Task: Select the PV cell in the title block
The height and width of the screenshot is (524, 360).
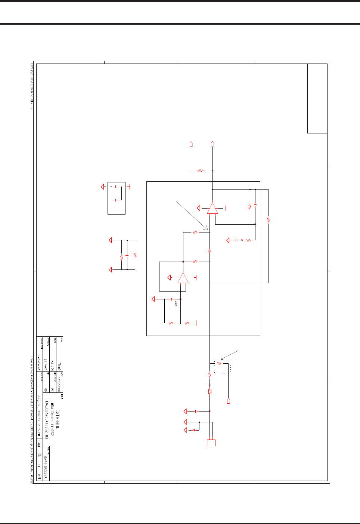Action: tap(52, 389)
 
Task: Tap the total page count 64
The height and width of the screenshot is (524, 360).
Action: tap(39, 476)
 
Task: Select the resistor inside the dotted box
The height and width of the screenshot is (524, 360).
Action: tap(219, 363)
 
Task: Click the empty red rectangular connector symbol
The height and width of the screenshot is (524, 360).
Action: tap(211, 443)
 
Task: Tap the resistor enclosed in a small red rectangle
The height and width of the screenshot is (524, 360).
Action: tap(210, 391)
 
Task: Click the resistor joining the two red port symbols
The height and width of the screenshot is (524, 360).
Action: tap(201, 171)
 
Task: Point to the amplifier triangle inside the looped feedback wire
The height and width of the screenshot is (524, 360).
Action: tap(183, 278)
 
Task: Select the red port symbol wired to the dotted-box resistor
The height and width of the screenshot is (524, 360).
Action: tap(229, 401)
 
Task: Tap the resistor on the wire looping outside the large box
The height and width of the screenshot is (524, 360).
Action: tap(269, 221)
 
